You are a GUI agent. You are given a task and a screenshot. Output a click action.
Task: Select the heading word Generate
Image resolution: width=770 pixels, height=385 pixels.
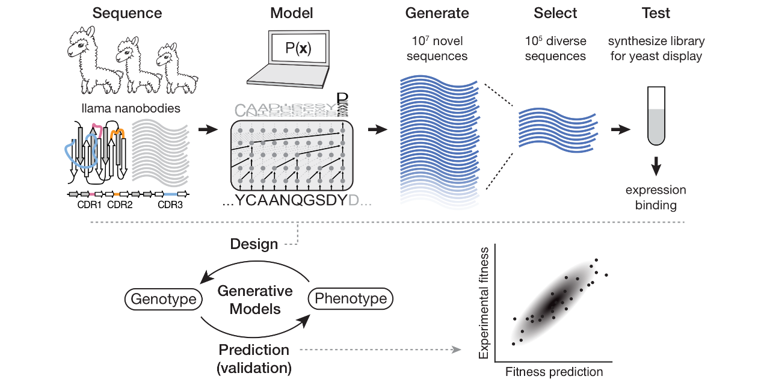437,13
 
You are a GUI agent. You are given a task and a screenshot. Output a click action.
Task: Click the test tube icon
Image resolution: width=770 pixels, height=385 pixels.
656,115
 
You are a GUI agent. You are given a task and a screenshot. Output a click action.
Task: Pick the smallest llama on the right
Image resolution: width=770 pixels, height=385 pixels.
176,69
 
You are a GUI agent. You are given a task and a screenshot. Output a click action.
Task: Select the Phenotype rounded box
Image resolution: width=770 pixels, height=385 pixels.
351,299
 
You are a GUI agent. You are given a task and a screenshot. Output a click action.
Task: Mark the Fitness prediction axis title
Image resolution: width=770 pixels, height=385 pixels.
554,372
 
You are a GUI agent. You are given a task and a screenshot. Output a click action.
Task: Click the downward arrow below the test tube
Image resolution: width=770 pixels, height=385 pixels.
656,163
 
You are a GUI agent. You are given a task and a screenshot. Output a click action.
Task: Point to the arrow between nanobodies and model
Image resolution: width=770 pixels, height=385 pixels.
208,129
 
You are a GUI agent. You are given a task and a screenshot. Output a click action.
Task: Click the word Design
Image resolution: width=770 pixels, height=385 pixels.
254,244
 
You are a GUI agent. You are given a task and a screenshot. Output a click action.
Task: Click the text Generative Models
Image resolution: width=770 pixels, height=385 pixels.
254,300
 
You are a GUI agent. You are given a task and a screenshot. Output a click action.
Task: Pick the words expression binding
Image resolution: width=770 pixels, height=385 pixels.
656,197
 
